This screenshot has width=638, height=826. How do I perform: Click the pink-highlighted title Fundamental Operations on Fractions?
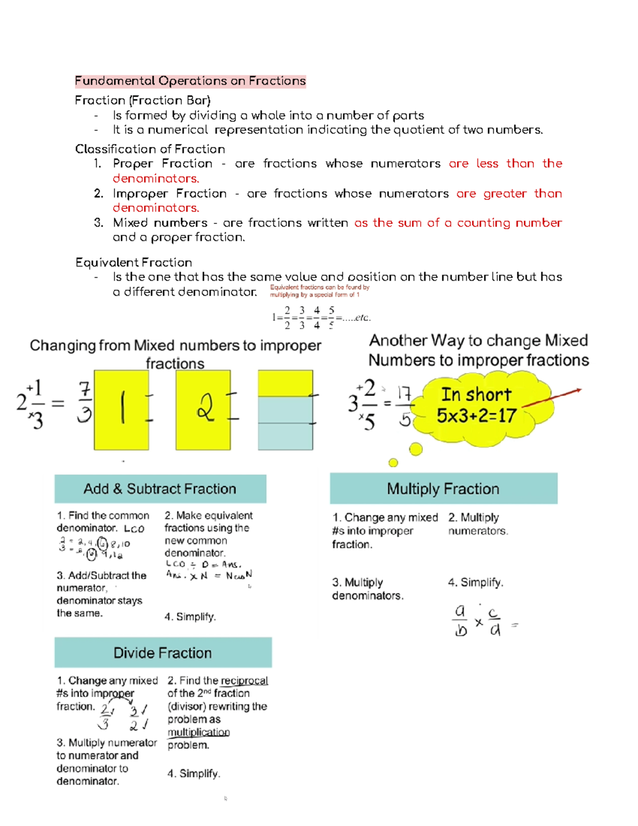(190, 81)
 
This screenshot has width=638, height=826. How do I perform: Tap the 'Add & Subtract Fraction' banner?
(160, 489)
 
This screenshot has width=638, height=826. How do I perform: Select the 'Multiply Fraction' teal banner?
(443, 489)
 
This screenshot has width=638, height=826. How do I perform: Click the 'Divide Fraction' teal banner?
(163, 653)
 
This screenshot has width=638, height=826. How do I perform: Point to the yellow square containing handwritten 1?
(121, 410)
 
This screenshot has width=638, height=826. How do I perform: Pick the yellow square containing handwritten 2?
(203, 410)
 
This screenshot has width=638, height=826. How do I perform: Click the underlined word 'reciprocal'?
(244, 681)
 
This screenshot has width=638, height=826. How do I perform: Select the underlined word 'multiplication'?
(198, 732)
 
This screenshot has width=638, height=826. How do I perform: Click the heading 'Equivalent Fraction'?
(133, 262)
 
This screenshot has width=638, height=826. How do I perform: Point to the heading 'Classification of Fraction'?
(150, 149)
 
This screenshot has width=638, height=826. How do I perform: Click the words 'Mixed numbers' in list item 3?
(160, 223)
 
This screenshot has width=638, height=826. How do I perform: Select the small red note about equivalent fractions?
(319, 291)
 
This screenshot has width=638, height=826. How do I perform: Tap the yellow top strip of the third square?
(285, 383)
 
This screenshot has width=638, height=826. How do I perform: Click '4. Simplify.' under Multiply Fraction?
(475, 582)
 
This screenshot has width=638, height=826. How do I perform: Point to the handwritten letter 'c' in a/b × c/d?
(494, 613)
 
